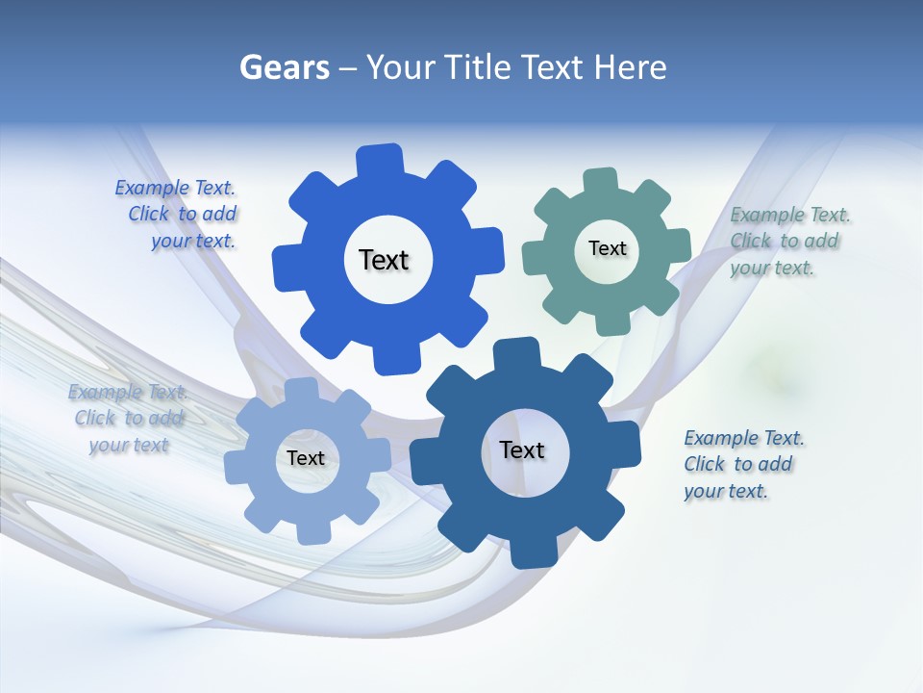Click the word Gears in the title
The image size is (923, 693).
coord(284,67)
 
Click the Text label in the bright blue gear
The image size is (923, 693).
coord(384,260)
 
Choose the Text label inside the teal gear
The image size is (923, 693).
coord(607,248)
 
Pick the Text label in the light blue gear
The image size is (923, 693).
coord(306,458)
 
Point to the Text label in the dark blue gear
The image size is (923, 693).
coord(522,449)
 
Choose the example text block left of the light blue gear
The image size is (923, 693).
coord(127,418)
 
